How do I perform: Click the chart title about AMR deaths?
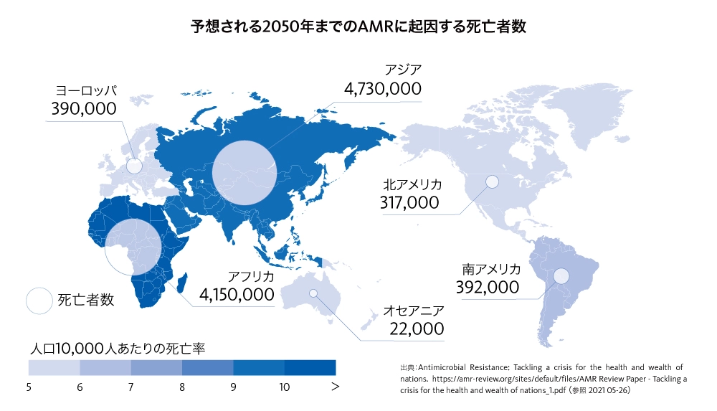pos(358,28)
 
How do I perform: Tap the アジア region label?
pos(403,70)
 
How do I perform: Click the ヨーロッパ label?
pos(86,91)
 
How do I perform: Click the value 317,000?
pos(409,203)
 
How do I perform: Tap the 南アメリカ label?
pos(490,270)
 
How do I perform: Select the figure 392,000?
pos(487,288)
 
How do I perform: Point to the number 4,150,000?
pos(237,295)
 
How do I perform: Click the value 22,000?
pos(417,329)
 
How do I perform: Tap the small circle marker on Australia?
pos(313,293)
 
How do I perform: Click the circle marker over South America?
pos(561,275)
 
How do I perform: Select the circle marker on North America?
pos(492,182)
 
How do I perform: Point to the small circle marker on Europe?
pos(134,166)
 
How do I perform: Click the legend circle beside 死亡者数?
pos(39,301)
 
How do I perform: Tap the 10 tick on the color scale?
pos(285,387)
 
